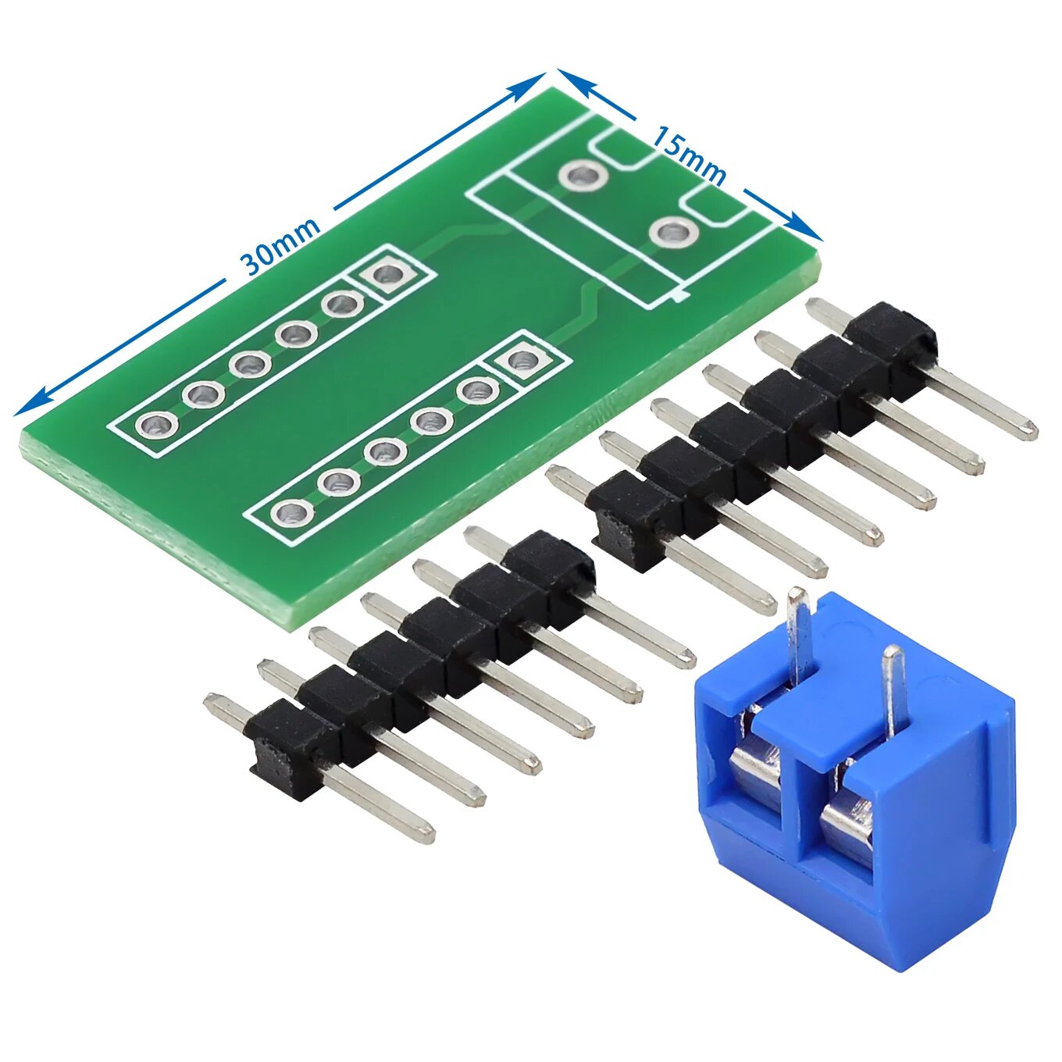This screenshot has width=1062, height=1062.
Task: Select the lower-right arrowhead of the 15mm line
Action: coord(804,226)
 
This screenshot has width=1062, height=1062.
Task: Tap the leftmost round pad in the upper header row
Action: coord(156,426)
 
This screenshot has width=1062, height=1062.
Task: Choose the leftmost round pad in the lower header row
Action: coord(292,513)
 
